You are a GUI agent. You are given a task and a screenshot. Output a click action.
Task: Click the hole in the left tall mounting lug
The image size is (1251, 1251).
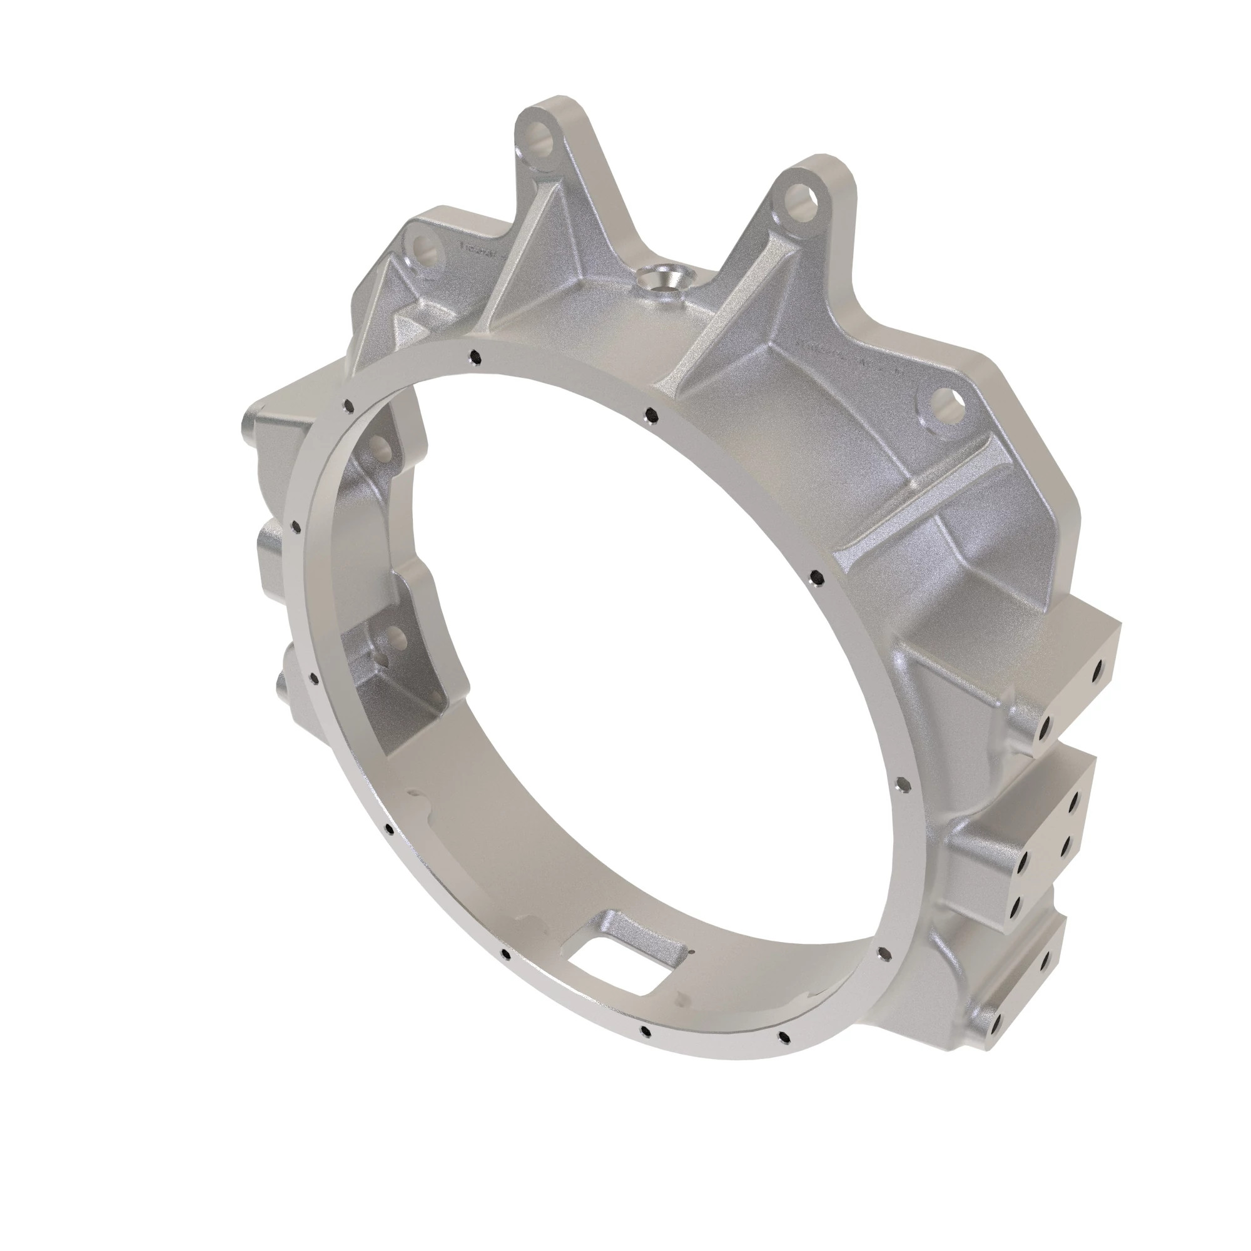tap(539, 138)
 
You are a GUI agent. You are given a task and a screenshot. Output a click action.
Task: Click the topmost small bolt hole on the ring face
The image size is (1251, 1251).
tap(475, 355)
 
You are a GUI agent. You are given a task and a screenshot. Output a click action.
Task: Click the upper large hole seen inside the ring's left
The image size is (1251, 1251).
tap(381, 446)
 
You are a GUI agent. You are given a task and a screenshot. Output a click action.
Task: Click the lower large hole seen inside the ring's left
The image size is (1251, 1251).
tap(391, 637)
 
